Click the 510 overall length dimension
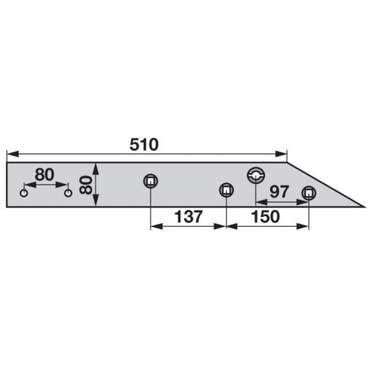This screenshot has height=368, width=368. [x=144, y=144]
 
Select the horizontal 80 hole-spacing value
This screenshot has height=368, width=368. [x=44, y=174]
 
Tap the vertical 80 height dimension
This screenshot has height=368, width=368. [x=86, y=185]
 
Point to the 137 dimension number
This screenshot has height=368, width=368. [x=188, y=216]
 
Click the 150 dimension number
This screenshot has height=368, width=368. [x=266, y=216]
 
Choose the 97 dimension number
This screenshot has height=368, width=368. [x=280, y=191]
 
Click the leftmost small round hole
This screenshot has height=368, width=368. [x=24, y=193]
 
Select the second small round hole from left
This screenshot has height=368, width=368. [x=68, y=193]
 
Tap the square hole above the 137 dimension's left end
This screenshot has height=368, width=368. [x=151, y=181]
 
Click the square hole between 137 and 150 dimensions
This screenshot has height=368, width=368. [x=226, y=190]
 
